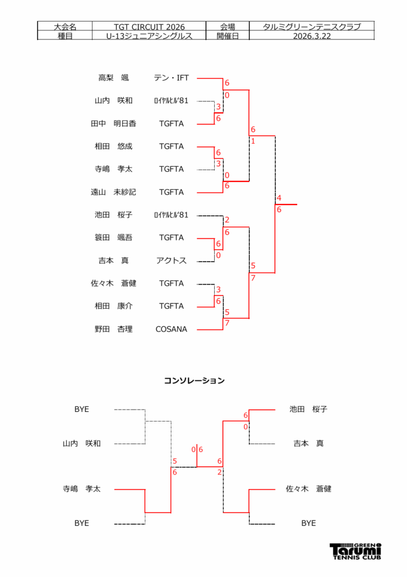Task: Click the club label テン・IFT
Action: click(x=171, y=78)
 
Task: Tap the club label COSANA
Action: click(x=171, y=329)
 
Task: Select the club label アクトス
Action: click(x=171, y=261)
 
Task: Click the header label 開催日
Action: click(x=228, y=35)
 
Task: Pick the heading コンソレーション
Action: click(x=194, y=381)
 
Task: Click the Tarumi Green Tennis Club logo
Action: click(x=355, y=551)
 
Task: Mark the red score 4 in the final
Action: click(x=279, y=198)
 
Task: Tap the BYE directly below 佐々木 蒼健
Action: click(x=308, y=523)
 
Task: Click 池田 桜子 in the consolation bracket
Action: click(x=308, y=410)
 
